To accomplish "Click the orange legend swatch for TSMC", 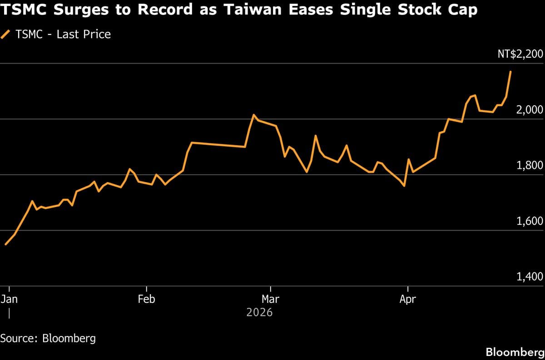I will click(x=6, y=34).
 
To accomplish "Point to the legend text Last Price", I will click(x=84, y=34).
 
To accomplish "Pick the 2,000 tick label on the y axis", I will click(x=530, y=110).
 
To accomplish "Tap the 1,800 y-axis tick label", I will click(x=530, y=165).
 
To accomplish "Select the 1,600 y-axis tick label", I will click(x=530, y=221).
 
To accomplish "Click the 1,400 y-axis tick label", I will click(x=530, y=277).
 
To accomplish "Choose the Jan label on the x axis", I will click(x=9, y=299).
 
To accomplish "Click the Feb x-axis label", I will click(x=146, y=299).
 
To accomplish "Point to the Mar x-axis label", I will click(x=271, y=299).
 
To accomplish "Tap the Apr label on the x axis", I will click(x=408, y=299).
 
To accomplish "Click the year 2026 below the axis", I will click(x=259, y=312).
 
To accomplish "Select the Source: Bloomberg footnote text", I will click(x=48, y=338).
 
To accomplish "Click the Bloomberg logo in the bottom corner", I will click(x=514, y=352).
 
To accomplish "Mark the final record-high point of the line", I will click(x=510, y=72).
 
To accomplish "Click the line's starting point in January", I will click(x=5, y=244).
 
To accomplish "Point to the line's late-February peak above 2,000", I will click(x=253, y=115).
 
